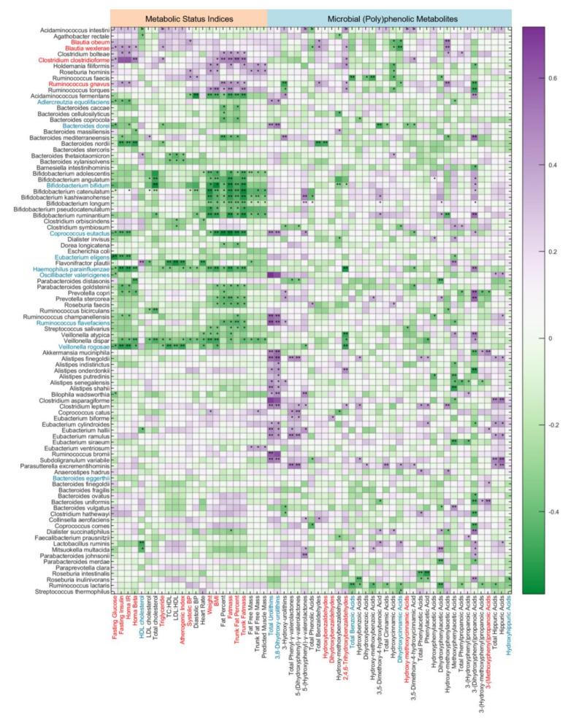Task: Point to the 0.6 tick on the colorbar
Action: pyautogui.click(x=553, y=77)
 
